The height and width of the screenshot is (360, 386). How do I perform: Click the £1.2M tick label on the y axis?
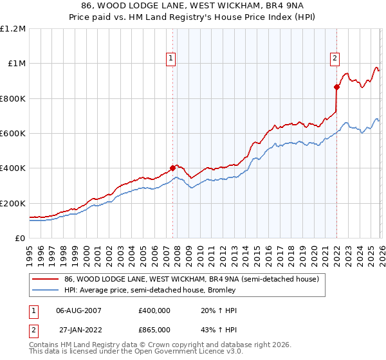[x=13, y=29]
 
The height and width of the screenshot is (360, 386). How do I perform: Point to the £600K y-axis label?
[x=13, y=134]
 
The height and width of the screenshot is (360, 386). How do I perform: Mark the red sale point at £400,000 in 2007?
[x=172, y=168]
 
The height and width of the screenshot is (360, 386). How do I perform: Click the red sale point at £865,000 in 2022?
[x=336, y=87]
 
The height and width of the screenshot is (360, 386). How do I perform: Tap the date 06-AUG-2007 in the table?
[x=79, y=310]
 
